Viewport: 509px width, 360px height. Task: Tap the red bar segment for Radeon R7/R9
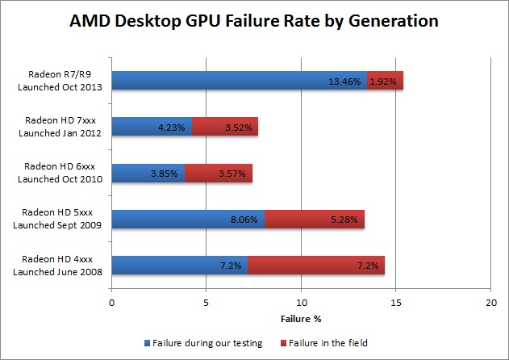pyautogui.click(x=385, y=80)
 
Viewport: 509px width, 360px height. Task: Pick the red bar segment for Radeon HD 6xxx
pyautogui.click(x=218, y=173)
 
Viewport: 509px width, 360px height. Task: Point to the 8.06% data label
pyautogui.click(x=243, y=219)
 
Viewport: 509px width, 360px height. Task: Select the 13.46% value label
pyautogui.click(x=345, y=81)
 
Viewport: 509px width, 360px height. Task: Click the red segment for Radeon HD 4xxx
pyautogui.click(x=315, y=265)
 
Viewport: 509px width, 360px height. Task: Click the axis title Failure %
pyautogui.click(x=300, y=318)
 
